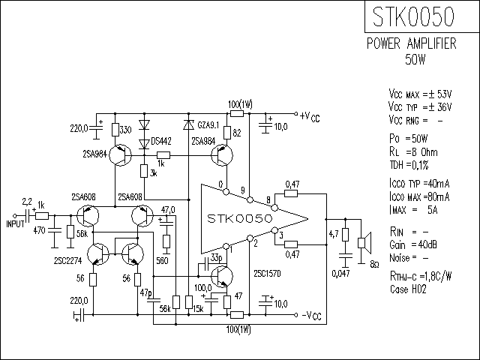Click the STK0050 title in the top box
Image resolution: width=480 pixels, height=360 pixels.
(x=413, y=16)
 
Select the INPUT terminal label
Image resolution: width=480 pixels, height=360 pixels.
(x=15, y=224)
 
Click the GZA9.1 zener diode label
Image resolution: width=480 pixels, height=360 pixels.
(x=208, y=125)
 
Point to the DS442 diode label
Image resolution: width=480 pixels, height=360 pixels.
(x=161, y=142)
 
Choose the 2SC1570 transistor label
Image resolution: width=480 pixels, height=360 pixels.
(x=267, y=273)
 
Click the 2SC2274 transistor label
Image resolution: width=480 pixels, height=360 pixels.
(x=68, y=261)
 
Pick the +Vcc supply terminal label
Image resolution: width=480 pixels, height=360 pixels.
(x=310, y=117)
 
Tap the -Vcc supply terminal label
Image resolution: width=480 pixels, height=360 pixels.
(x=312, y=316)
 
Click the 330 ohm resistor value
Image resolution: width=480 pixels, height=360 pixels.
(x=125, y=130)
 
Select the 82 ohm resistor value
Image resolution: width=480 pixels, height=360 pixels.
(x=237, y=133)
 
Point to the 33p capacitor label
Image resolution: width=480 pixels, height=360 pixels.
(x=217, y=258)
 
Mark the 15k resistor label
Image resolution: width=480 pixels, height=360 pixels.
(x=198, y=309)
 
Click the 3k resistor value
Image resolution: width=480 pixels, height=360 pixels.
(x=153, y=173)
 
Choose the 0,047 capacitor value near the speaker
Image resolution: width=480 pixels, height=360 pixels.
(x=340, y=273)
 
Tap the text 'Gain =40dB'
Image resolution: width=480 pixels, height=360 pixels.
(x=413, y=245)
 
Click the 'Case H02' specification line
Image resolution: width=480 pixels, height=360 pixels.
(x=408, y=289)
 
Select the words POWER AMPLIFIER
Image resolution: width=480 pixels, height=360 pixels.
(x=412, y=43)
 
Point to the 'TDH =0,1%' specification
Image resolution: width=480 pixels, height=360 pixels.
(x=409, y=165)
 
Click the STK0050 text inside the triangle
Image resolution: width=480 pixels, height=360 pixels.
(x=240, y=218)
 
